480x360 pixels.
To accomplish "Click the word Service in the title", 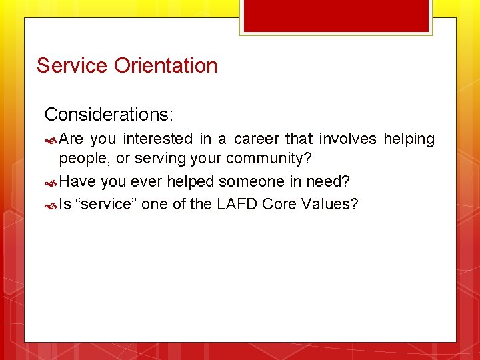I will pyautogui.click(x=72, y=65).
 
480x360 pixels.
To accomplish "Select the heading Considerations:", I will pyautogui.click(x=109, y=115).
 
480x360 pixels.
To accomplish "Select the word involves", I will pyautogui.click(x=348, y=139).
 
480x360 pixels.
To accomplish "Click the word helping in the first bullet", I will pyautogui.click(x=409, y=139).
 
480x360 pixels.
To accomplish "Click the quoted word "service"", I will pyautogui.click(x=108, y=204).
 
